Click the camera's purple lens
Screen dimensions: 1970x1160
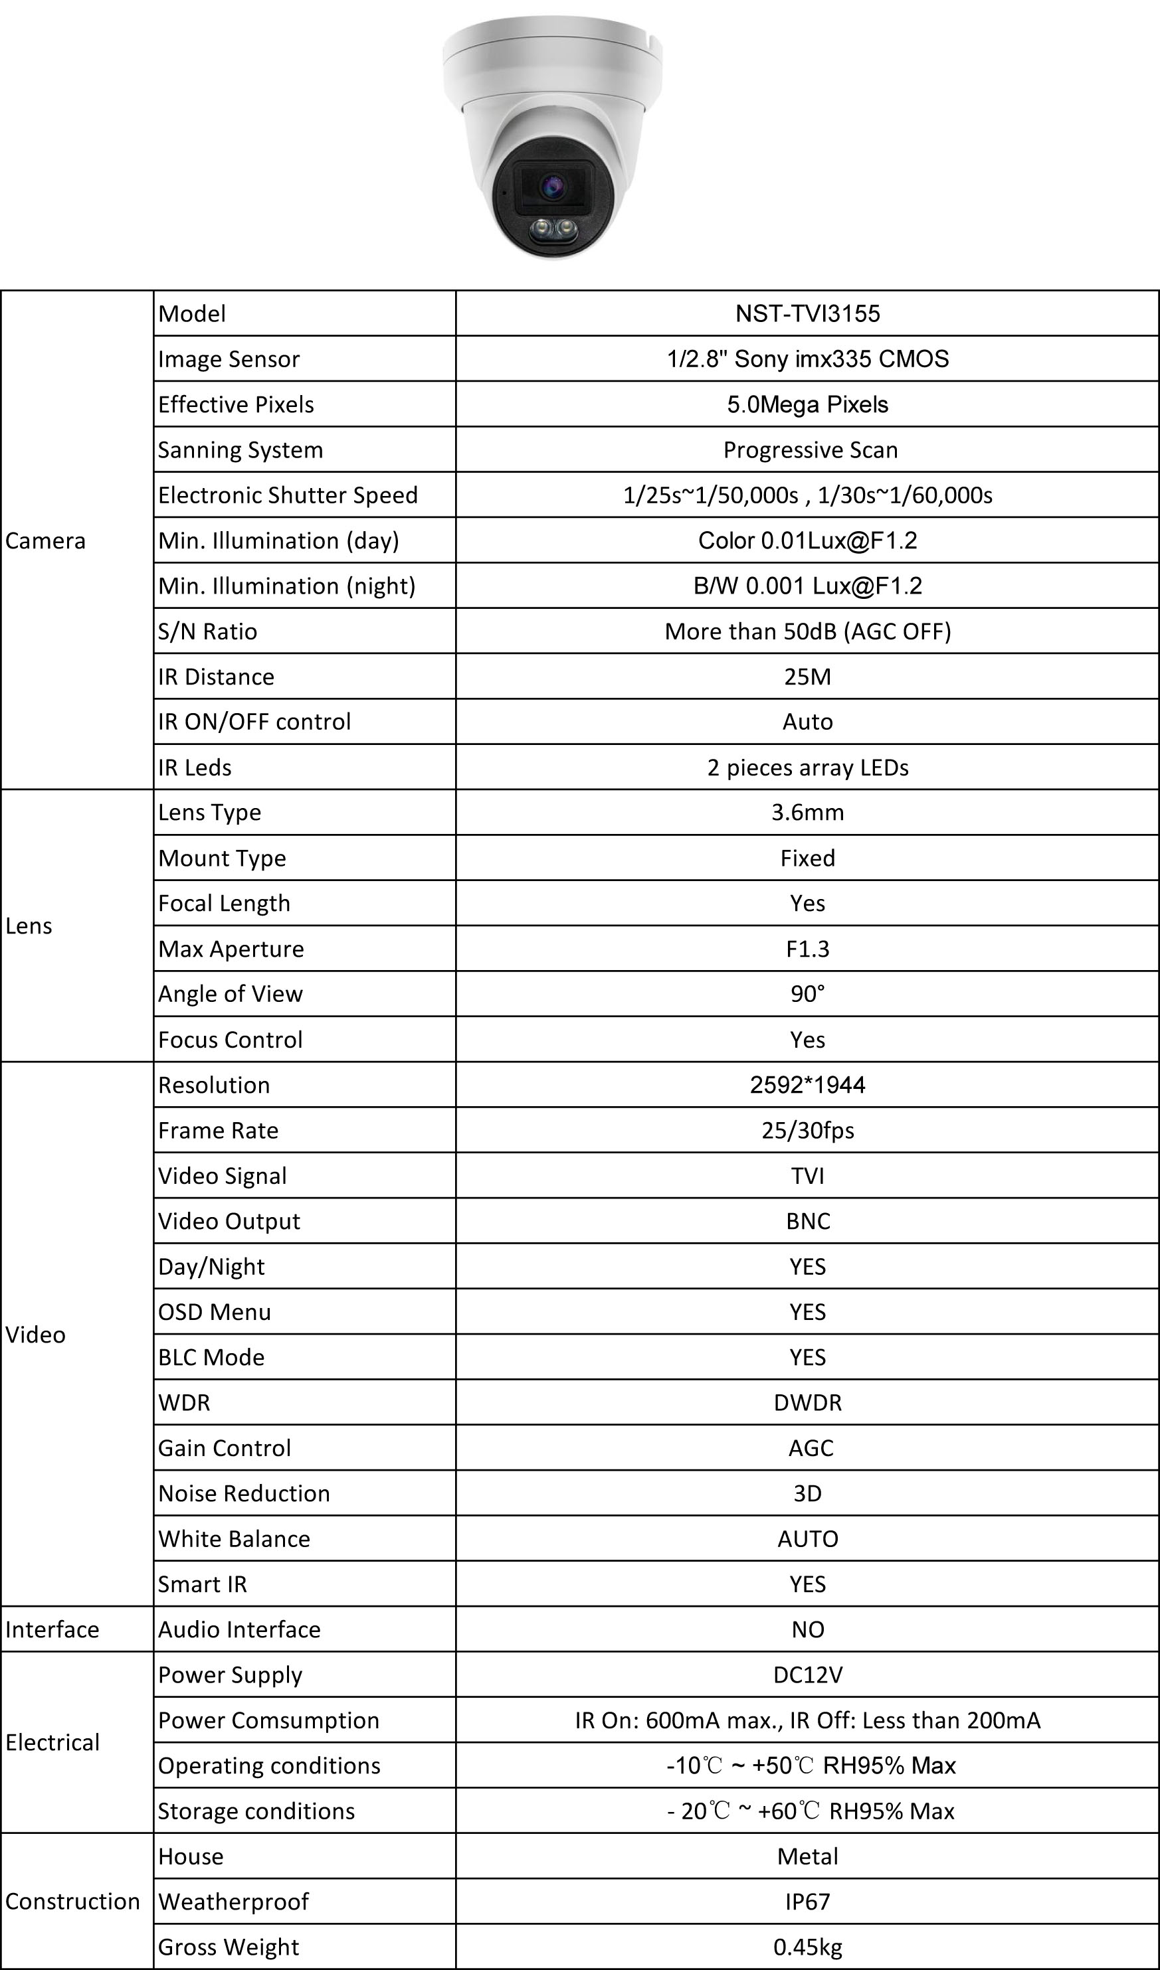(x=553, y=186)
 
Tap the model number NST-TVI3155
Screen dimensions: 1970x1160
(x=807, y=313)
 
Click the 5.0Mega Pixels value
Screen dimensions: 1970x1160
(x=807, y=404)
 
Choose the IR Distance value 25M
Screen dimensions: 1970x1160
(x=807, y=676)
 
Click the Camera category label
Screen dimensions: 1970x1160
(x=45, y=540)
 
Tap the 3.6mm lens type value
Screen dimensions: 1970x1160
(x=807, y=812)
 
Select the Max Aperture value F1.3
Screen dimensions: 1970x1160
(x=807, y=948)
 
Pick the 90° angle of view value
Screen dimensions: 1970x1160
(x=807, y=993)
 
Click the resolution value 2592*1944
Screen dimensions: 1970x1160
(x=807, y=1084)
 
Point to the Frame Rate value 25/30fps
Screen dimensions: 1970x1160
(x=807, y=1129)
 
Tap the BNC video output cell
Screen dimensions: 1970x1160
(x=807, y=1220)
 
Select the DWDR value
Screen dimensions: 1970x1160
(x=807, y=1402)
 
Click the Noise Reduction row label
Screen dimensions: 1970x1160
(x=244, y=1493)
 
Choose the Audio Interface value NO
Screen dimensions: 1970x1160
(x=807, y=1628)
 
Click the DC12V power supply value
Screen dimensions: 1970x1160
(x=807, y=1674)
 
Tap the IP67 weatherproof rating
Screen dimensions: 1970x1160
(x=807, y=1900)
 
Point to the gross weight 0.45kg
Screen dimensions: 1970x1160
(x=807, y=1946)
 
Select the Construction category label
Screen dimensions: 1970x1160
(x=72, y=1900)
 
